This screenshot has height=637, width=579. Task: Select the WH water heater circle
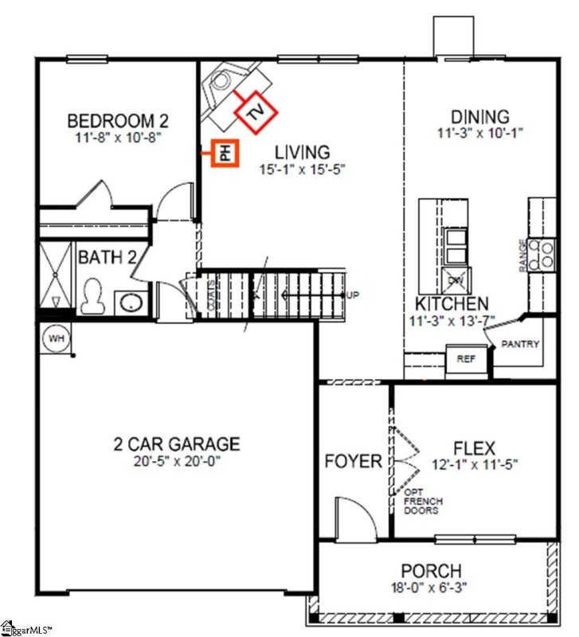pos(55,338)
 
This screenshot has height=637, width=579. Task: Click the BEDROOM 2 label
pos(118,121)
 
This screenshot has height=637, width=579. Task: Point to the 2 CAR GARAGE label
pos(176,444)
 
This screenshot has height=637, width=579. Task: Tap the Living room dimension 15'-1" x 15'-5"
pos(301,169)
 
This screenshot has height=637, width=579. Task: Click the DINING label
pos(480,117)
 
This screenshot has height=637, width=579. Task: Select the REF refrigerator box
pos(466,359)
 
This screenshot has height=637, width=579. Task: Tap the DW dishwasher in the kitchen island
pos(456,280)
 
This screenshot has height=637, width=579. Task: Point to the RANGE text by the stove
pos(523,255)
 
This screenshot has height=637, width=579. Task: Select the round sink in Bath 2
pos(130,303)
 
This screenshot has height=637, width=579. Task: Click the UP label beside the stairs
pos(353,295)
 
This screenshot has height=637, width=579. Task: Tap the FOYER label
pos(353,461)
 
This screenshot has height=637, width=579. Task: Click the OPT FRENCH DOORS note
pos(421,501)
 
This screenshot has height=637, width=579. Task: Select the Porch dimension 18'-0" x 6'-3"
pos(431,588)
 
